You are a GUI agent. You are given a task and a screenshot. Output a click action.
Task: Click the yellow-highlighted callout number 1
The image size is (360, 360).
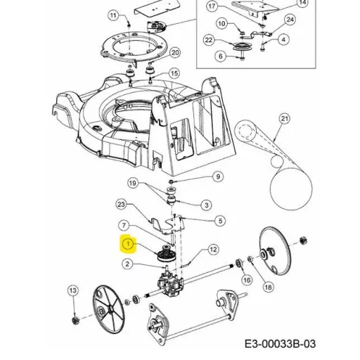[128, 244]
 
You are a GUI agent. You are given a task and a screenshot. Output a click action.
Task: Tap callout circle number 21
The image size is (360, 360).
[285, 119]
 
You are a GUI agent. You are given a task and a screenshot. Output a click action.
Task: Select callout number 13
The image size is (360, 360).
[73, 290]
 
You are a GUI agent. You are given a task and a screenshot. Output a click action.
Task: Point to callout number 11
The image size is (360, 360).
[113, 16]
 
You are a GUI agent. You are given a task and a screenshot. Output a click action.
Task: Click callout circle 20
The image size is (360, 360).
[175, 53]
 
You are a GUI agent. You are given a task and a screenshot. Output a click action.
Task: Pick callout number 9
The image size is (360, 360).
[218, 176]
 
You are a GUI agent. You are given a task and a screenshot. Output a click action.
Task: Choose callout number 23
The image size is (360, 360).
[121, 205]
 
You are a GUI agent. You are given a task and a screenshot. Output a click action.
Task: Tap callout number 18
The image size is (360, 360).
[268, 287]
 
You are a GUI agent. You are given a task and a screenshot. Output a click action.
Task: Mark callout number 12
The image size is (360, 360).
[213, 250]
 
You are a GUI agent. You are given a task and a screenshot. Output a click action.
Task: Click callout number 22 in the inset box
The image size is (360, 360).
[209, 40]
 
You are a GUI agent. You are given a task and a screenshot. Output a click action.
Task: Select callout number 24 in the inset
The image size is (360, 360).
[290, 20]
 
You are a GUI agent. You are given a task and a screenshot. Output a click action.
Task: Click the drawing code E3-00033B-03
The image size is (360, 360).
[280, 344]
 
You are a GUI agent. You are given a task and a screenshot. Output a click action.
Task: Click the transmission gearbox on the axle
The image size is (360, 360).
[171, 284]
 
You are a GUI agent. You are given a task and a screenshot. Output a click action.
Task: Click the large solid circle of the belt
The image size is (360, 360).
[291, 189]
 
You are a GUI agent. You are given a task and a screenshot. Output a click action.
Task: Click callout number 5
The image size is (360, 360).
[220, 221]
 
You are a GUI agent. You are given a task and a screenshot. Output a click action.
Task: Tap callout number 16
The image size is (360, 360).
[247, 280]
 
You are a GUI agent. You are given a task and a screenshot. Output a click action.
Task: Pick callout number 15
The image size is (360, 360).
[174, 73]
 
